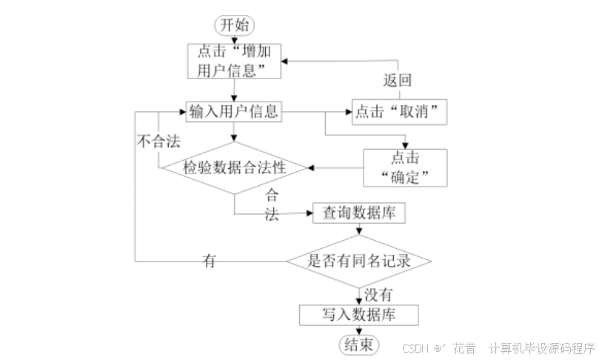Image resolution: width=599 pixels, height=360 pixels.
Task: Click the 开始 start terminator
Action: (234, 24)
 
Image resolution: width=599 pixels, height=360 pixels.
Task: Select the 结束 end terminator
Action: (358, 344)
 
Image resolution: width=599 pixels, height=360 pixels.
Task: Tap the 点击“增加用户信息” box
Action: (234, 61)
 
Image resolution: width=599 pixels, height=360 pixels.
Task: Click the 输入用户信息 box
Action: (234, 112)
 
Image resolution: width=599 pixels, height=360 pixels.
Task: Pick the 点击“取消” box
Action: (400, 112)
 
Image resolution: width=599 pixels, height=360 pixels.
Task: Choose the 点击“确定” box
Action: (405, 167)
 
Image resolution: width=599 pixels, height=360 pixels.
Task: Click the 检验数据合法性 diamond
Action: (234, 167)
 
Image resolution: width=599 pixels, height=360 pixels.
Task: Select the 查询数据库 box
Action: (359, 213)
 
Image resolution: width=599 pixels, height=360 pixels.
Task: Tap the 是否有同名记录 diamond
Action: (359, 261)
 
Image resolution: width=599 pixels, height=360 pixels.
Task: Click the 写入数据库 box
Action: (359, 314)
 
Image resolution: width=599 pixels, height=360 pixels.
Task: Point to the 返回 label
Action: (397, 80)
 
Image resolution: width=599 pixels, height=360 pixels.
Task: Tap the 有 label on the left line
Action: (210, 260)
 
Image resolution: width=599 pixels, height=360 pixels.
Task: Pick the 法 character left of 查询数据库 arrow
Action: (272, 216)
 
